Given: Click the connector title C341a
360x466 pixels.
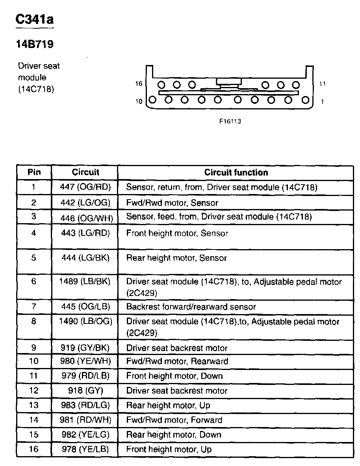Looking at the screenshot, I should tap(34, 19).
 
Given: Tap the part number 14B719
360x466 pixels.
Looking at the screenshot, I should tap(34, 44).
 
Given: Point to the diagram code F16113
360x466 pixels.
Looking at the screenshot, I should tap(230, 121).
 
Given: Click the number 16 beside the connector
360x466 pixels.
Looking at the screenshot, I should tap(138, 84).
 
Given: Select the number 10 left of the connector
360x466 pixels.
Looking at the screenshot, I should tap(139, 101).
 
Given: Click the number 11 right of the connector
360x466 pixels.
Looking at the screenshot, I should tap(323, 84).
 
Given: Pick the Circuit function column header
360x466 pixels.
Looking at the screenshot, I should tap(236, 172).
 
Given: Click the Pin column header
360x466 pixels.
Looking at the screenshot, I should tap(34, 172).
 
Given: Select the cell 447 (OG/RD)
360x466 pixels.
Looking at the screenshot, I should tap(85, 187).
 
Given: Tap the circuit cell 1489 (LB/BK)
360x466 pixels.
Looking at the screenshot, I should tap(85, 282).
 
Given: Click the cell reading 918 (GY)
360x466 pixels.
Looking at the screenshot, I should tap(85, 390).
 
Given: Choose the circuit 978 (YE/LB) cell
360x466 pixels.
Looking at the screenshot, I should tap(85, 449).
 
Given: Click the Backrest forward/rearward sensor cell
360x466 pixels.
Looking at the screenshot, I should tap(191, 307).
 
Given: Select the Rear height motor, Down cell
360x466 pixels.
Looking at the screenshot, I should tap(174, 435).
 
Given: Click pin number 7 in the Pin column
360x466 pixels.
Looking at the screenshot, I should tap(34, 307).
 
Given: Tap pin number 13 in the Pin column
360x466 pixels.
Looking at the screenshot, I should tap(34, 405).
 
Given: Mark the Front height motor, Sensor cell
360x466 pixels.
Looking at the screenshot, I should tap(177, 233).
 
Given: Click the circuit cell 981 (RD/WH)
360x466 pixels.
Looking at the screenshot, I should tap(85, 420).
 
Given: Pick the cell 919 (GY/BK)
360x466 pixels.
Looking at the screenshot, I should tap(85, 348).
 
